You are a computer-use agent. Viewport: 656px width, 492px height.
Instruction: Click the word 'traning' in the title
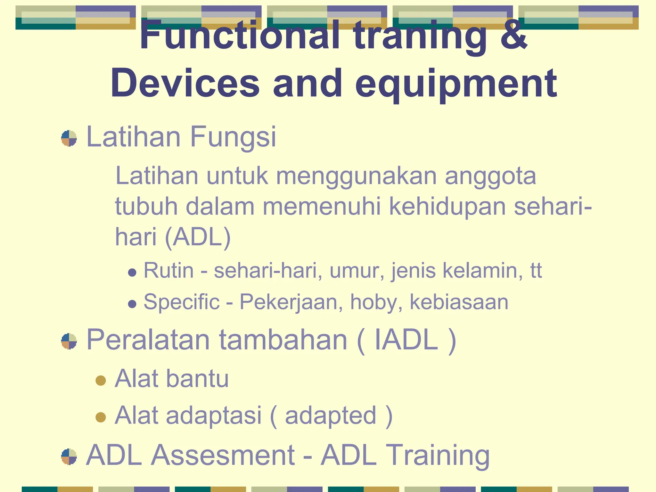point(421,36)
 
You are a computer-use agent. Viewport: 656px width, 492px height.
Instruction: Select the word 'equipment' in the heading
point(456,84)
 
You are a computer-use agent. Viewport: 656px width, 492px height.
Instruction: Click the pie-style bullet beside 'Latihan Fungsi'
point(69,138)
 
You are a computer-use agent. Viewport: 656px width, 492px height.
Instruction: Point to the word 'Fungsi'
point(233,137)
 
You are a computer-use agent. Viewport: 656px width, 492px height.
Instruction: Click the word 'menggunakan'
point(356,176)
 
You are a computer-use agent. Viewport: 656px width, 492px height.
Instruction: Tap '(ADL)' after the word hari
point(198,237)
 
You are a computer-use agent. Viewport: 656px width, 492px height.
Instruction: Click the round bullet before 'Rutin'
point(132,273)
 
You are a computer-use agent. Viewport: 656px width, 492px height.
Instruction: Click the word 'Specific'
point(181,302)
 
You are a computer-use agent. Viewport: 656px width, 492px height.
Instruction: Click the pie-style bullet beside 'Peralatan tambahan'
point(69,341)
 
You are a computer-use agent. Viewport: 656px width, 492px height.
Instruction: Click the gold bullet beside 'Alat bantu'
point(101,381)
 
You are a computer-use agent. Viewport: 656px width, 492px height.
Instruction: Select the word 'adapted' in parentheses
point(331,416)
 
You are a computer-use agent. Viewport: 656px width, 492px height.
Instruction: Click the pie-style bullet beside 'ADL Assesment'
point(69,457)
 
